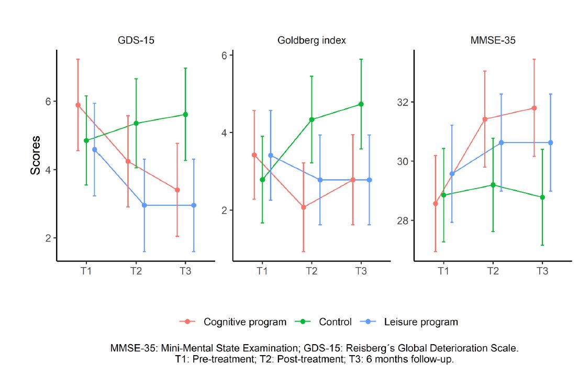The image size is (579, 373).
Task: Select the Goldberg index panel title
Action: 311,40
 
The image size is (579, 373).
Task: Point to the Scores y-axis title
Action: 36,155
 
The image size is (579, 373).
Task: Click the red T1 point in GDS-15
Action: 78,105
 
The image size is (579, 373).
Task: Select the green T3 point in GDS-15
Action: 185,114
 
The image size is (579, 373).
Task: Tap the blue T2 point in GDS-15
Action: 144,205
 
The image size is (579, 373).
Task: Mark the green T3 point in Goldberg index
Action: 361,104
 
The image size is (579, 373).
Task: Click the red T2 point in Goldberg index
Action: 304,207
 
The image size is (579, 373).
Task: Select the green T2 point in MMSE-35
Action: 493,184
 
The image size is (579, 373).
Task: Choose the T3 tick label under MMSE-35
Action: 542,271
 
